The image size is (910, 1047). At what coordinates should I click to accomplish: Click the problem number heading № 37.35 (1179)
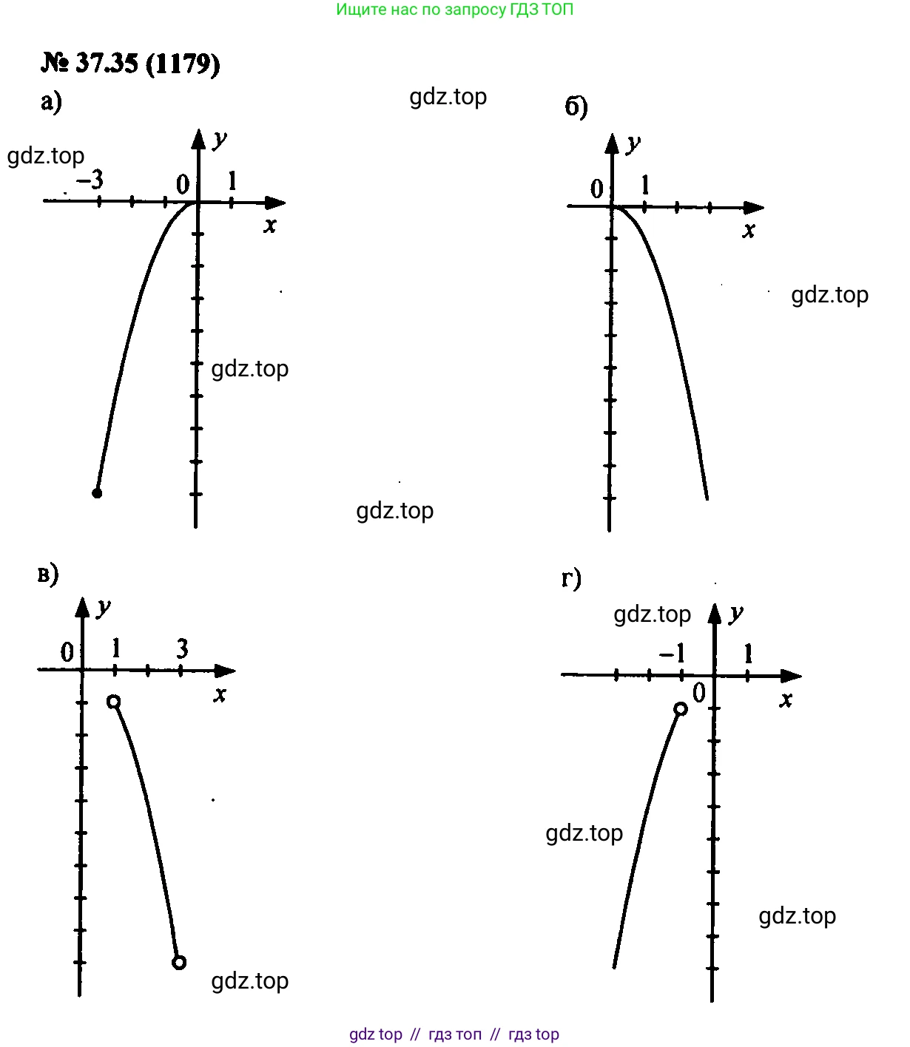pyautogui.click(x=131, y=64)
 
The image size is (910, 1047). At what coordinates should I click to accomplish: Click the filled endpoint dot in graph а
pyautogui.click(x=97, y=493)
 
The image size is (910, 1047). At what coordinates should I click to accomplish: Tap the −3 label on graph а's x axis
pyautogui.click(x=90, y=180)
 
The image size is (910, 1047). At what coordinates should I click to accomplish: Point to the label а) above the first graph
pyautogui.click(x=51, y=101)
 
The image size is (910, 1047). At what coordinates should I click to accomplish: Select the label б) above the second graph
pyautogui.click(x=576, y=106)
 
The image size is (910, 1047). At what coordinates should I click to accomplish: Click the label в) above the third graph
pyautogui.click(x=48, y=575)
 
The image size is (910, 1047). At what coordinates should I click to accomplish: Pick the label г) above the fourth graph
pyautogui.click(x=571, y=578)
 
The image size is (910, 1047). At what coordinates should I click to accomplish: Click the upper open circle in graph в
pyautogui.click(x=114, y=702)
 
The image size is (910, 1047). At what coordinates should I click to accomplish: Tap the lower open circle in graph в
pyautogui.click(x=179, y=963)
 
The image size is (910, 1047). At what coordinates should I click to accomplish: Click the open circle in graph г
pyautogui.click(x=681, y=709)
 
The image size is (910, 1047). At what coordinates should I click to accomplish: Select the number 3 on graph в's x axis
pyautogui.click(x=182, y=649)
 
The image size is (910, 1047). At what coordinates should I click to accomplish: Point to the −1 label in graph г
pyautogui.click(x=672, y=654)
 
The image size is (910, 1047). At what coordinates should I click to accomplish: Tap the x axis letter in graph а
pyautogui.click(x=270, y=226)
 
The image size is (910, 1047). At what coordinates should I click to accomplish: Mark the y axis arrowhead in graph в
pyautogui.click(x=82, y=608)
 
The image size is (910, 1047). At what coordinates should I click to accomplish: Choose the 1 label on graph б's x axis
pyautogui.click(x=645, y=185)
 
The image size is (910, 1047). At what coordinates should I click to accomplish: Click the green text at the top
pyautogui.click(x=455, y=9)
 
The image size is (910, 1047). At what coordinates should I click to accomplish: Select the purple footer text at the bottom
pyautogui.click(x=454, y=1034)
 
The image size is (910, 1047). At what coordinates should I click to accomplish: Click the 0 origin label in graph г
pyautogui.click(x=699, y=694)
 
